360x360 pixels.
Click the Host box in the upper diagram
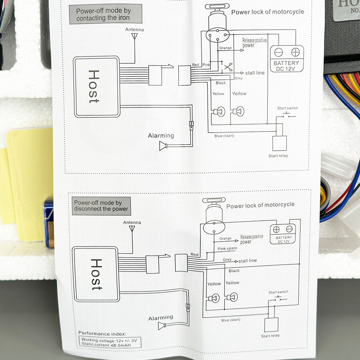[x=97, y=86]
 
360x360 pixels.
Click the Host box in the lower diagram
[x=96, y=274]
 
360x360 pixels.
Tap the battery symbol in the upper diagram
[x=287, y=59]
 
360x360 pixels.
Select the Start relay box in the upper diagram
[x=279, y=143]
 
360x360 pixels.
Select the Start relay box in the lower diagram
[x=271, y=324]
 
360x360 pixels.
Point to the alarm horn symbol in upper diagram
[x=163, y=146]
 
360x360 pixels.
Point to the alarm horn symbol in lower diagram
[x=162, y=326]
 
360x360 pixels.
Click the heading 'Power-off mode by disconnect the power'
[x=101, y=206]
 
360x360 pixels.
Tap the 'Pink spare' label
[x=227, y=248]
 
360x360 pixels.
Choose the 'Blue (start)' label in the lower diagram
[x=231, y=320]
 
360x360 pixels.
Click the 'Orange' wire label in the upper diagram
[x=225, y=48]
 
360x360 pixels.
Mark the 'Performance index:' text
[x=102, y=333]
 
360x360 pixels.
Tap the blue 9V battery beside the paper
[x=49, y=222]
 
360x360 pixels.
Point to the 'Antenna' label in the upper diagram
[x=134, y=30]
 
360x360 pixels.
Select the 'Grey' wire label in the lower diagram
[x=227, y=260]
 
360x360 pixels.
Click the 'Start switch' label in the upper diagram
[x=288, y=108]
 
